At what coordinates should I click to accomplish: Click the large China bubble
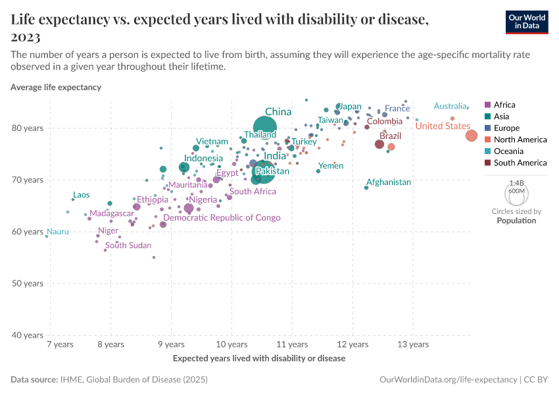pos(265,128)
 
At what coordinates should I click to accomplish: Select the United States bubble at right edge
pos(472,136)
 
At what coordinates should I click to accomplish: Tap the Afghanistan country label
pos(388,182)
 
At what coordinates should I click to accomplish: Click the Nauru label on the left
pos(57,232)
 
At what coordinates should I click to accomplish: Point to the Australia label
pos(450,107)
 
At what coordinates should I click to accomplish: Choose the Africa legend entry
pos(504,105)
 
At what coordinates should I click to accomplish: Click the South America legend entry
pos(520,163)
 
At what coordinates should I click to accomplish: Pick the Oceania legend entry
pos(508,151)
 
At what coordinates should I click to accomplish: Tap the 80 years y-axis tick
pos(28,128)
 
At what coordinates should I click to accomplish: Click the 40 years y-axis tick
pos(28,336)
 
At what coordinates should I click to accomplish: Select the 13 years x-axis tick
pos(413,344)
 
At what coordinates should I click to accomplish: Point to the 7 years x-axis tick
pos(60,344)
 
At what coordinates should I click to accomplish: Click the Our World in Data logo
pos(527,22)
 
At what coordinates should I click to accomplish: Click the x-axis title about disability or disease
pos(258,359)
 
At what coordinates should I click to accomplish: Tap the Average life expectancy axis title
pos(56,87)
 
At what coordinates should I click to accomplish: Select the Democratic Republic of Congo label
pos(222,218)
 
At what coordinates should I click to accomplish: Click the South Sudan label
pos(128,246)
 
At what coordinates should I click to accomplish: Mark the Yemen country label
pos(331,166)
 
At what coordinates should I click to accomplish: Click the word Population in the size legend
pos(516,221)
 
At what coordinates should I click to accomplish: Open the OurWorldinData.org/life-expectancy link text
pos(449,380)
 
